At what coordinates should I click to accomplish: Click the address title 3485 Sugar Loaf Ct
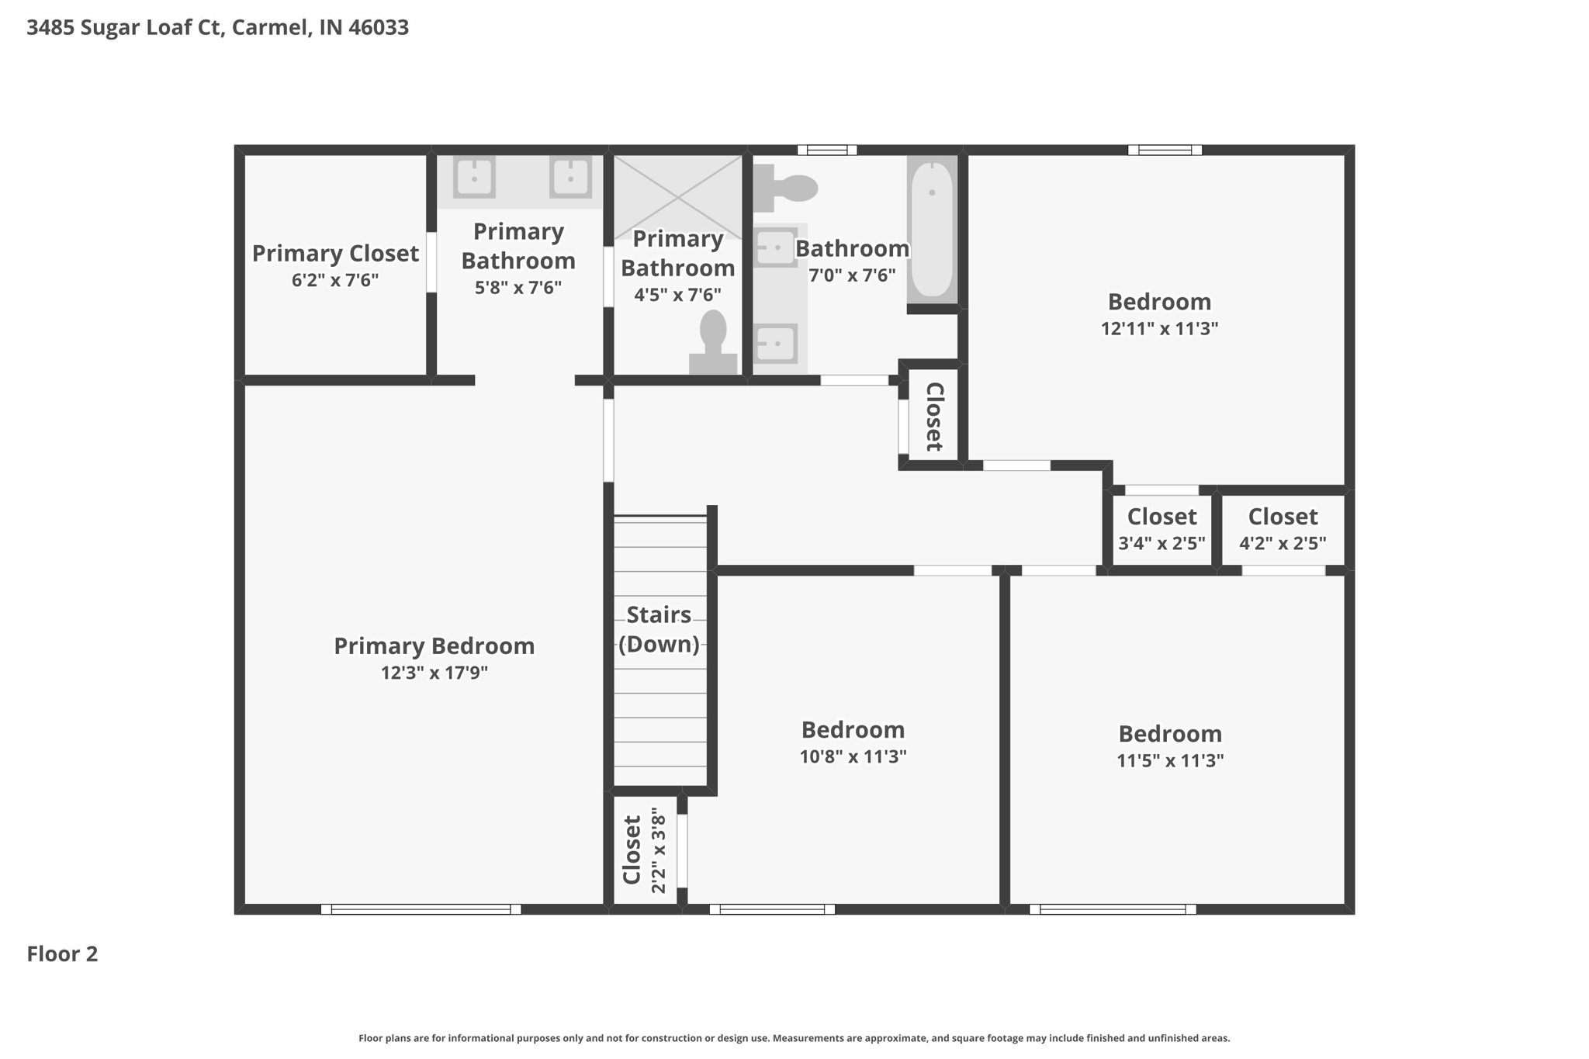point(217,28)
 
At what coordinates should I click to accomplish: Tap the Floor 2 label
point(62,953)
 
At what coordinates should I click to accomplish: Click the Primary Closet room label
point(335,254)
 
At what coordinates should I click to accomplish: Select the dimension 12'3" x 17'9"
point(434,673)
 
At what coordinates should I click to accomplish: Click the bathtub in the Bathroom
point(931,229)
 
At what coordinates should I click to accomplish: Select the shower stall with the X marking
point(677,196)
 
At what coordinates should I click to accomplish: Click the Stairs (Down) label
point(659,629)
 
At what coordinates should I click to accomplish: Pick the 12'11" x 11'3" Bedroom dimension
point(1159,328)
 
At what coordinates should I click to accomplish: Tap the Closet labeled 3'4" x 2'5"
point(1161,530)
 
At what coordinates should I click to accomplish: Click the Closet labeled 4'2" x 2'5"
point(1283,530)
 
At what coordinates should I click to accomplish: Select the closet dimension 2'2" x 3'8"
point(659,851)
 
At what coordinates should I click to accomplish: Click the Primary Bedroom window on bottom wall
point(421,909)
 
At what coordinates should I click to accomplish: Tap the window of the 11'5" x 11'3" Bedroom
point(1113,909)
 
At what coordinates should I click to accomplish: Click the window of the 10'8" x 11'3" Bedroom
point(772,909)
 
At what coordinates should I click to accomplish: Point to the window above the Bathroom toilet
point(827,150)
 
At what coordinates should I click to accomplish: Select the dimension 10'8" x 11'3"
point(853,756)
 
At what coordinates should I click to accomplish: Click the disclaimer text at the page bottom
point(794,1038)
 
